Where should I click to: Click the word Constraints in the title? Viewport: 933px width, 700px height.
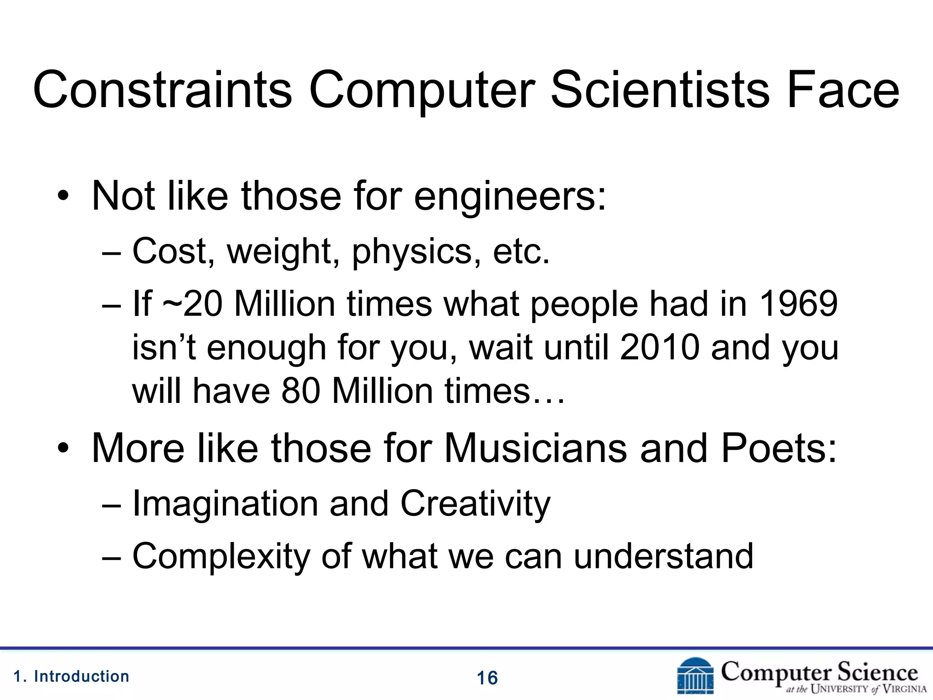pos(162,90)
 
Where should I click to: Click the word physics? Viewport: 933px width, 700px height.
pos(412,252)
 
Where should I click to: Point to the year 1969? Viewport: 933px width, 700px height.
pos(799,304)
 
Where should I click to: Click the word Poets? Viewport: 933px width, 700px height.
pos(779,448)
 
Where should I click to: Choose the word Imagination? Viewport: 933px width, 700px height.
pos(225,504)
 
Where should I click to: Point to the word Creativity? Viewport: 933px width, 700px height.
pos(475,504)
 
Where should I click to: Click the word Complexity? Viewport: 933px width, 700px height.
pos(220,557)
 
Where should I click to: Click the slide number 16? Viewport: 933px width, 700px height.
pos(487,678)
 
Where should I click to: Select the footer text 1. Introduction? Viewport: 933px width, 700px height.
pos(72,676)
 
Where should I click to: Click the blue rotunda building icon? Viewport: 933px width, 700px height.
pos(695,676)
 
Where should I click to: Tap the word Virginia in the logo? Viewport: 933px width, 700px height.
pos(904,689)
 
